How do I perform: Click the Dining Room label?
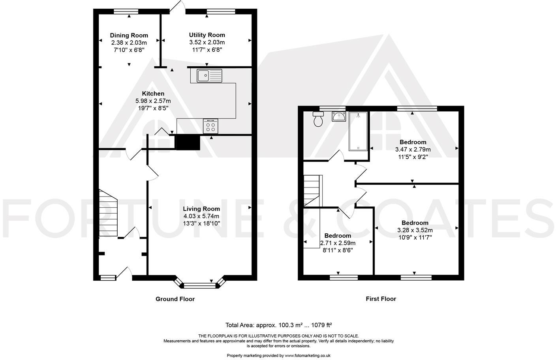[129, 36]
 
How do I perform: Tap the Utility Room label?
[207, 35]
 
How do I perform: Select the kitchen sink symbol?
[210, 75]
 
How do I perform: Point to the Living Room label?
[201, 209]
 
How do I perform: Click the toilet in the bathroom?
[318, 119]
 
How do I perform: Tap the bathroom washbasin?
[339, 117]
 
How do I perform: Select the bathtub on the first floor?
[358, 131]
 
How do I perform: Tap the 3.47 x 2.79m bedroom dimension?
[413, 150]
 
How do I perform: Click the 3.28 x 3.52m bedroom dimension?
[415, 230]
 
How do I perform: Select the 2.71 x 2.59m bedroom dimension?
[338, 243]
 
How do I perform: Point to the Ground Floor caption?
[175, 299]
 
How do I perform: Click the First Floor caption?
[381, 299]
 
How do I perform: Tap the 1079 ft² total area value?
[321, 325]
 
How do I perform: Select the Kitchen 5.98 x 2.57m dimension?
[153, 101]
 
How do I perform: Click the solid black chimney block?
[188, 142]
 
